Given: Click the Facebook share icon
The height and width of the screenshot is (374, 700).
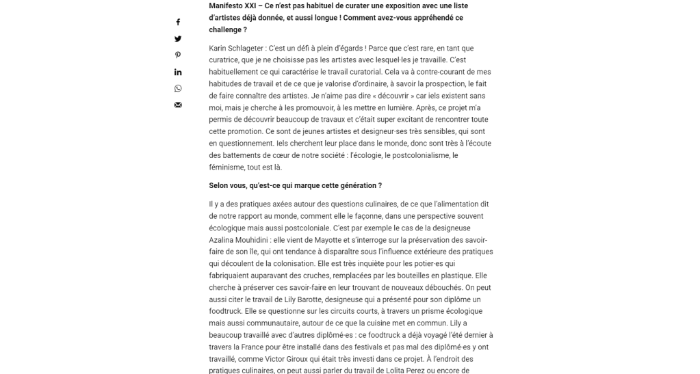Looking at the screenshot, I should [x=178, y=23].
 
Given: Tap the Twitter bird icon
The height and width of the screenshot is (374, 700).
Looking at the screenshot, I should [x=178, y=39].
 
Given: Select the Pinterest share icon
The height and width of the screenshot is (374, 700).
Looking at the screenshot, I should [x=178, y=55].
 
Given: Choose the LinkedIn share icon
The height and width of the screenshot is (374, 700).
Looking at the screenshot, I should [x=178, y=72].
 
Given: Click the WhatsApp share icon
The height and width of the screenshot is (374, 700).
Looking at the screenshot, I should [x=178, y=88].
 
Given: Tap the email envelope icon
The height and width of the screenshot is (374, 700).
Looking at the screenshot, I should [x=178, y=105].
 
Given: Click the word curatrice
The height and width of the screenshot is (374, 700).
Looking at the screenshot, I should [x=226, y=60].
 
